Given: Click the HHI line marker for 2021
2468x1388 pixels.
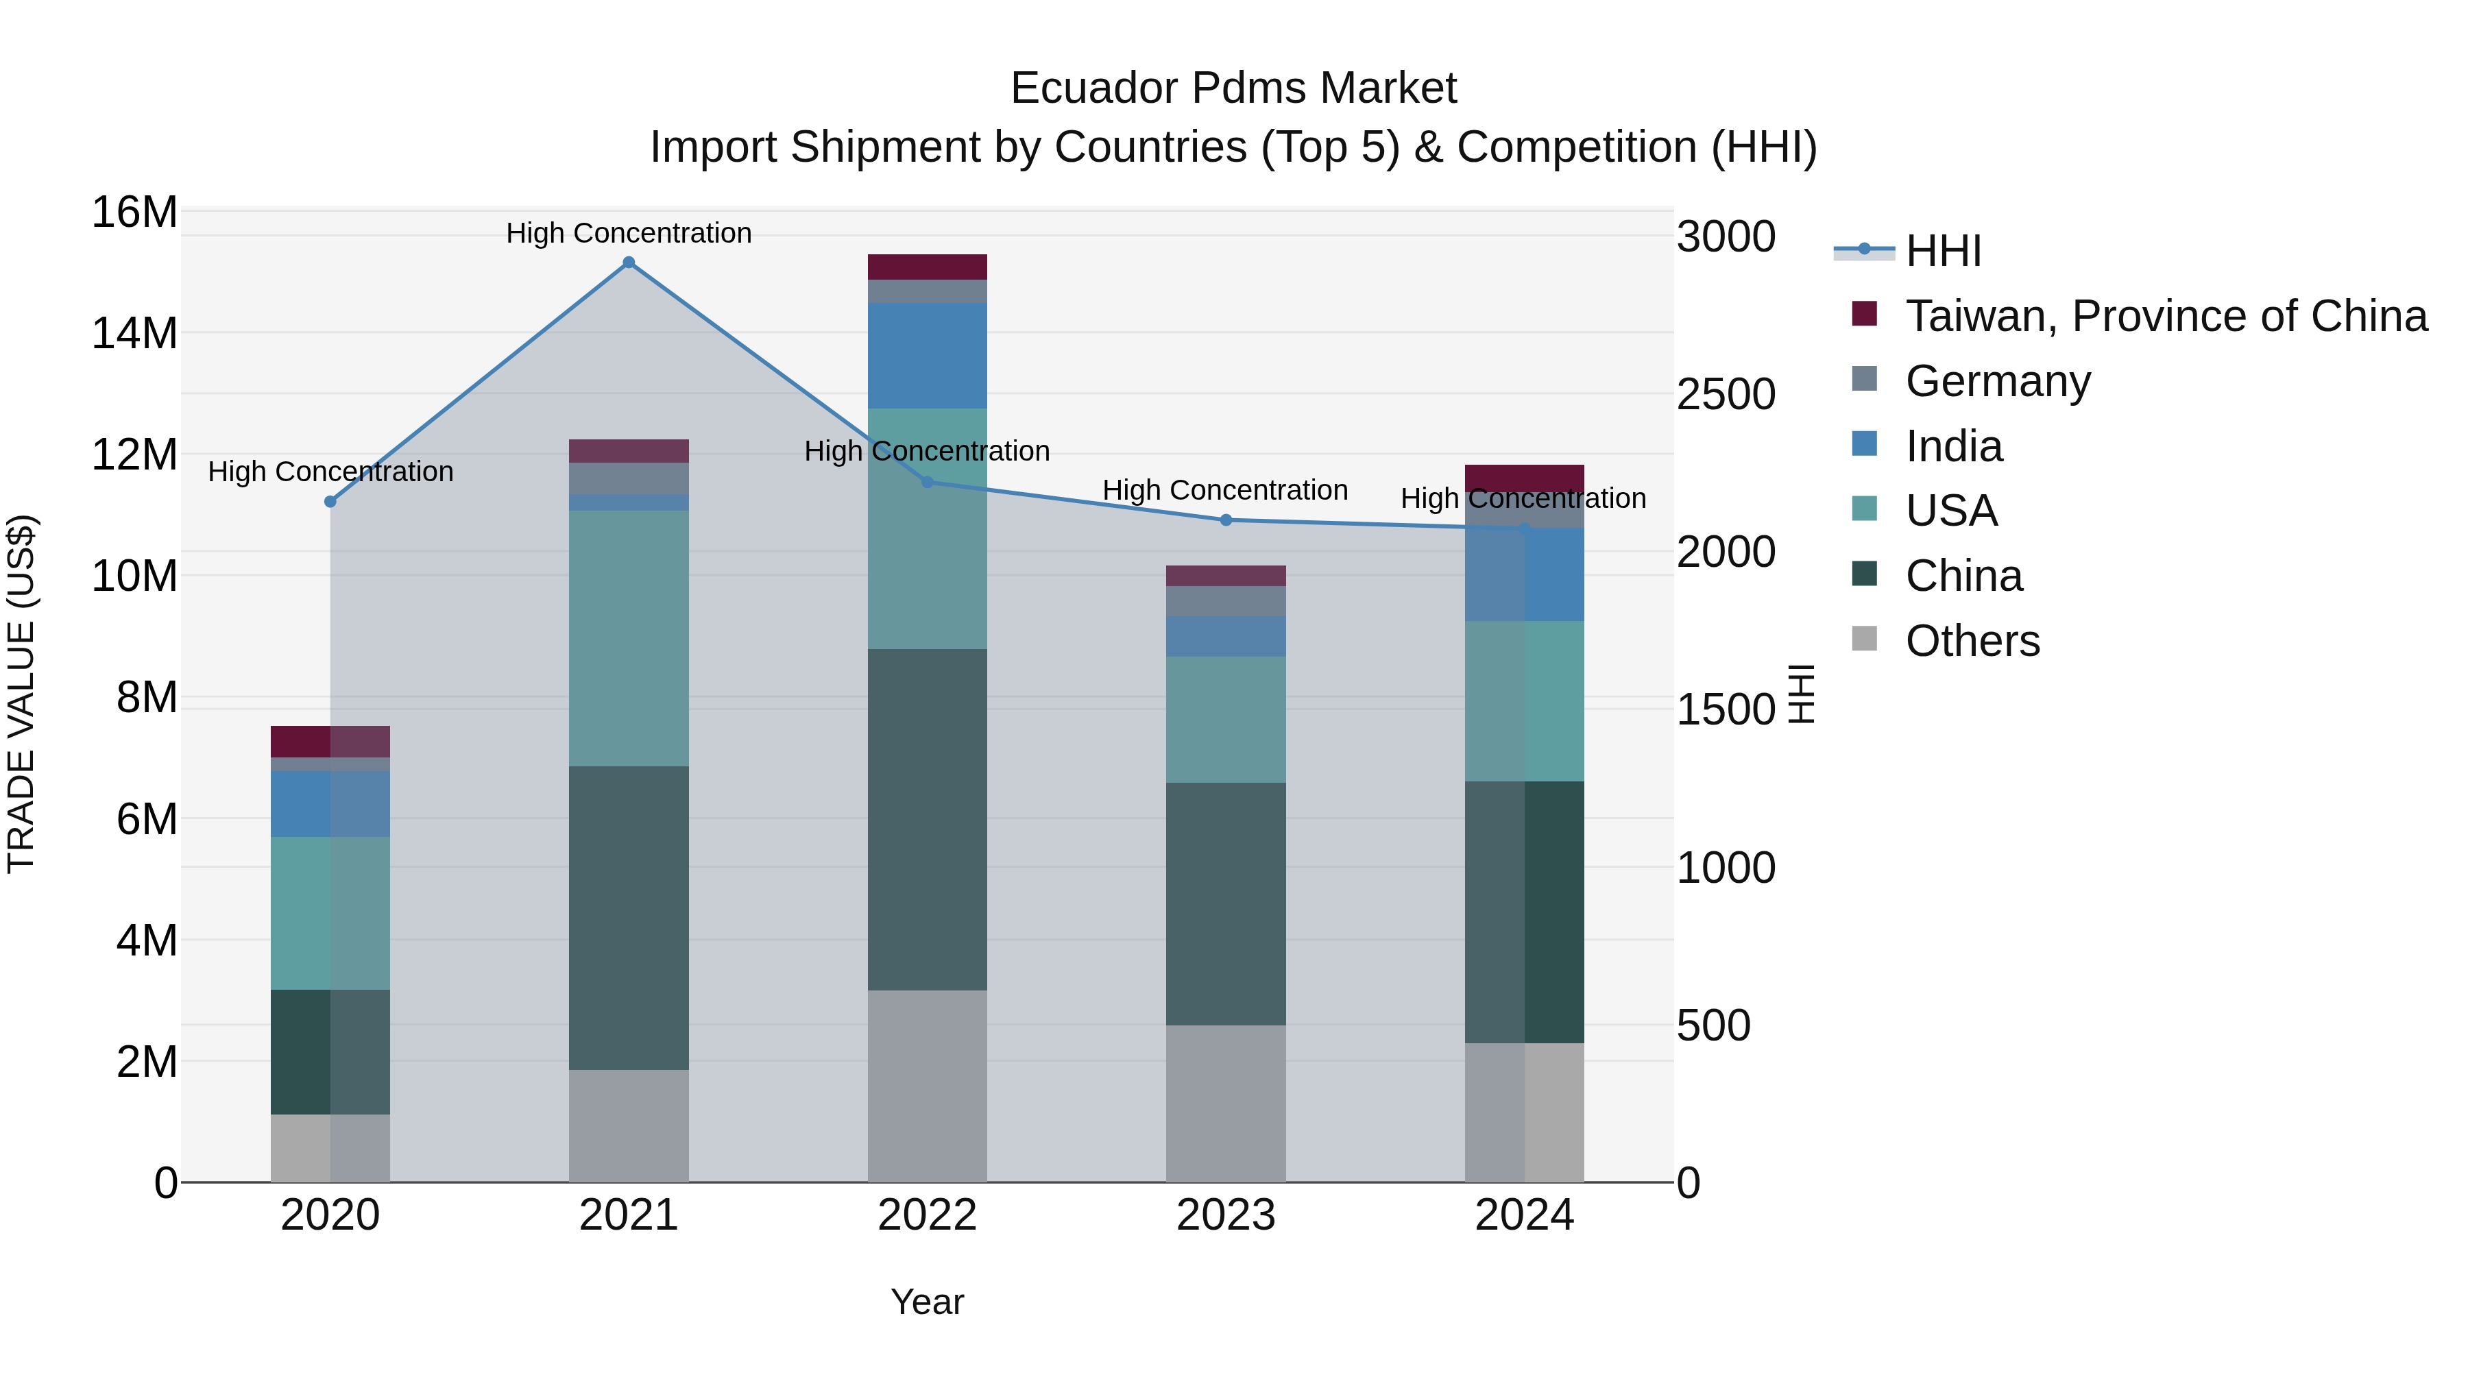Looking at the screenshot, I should tap(629, 263).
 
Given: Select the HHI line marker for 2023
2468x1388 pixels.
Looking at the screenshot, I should tap(1225, 520).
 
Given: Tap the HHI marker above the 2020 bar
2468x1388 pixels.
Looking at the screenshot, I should tap(330, 501).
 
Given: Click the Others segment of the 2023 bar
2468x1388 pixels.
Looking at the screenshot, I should tap(1225, 1103).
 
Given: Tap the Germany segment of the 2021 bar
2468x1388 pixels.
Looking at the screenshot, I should tap(629, 478).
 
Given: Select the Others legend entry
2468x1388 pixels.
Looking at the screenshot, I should tap(1972, 641).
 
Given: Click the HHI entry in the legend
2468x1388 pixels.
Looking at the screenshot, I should tap(1942, 251).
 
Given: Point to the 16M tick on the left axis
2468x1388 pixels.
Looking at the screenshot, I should tap(134, 212).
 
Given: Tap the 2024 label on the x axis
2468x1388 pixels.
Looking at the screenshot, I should tap(1523, 1215).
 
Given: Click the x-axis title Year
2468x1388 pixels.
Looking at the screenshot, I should tap(926, 1302).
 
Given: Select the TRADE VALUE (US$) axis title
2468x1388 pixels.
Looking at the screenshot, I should tap(21, 694).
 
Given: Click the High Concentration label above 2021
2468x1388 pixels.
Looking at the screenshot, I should tap(629, 233).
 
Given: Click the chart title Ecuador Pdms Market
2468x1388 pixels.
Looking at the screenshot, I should tap(1233, 88).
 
